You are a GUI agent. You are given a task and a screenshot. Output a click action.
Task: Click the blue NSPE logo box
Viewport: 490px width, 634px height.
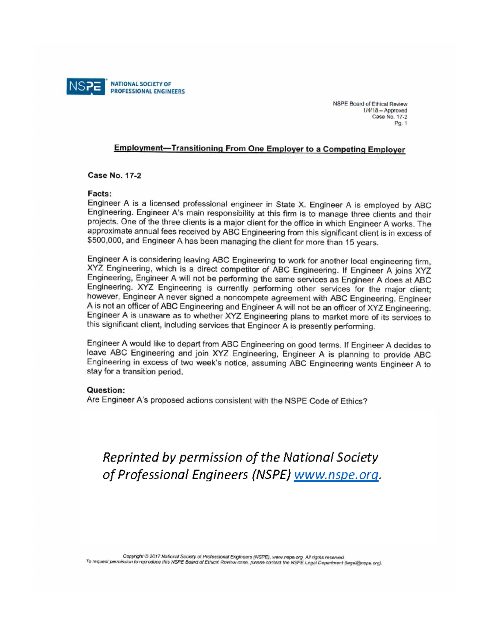click(x=85, y=87)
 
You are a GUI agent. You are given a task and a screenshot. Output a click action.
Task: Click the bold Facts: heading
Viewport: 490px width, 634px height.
click(x=99, y=193)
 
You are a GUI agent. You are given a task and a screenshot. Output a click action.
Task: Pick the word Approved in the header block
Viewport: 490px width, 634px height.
click(x=395, y=111)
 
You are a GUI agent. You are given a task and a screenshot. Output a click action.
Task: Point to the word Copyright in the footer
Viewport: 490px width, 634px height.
click(x=134, y=556)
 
